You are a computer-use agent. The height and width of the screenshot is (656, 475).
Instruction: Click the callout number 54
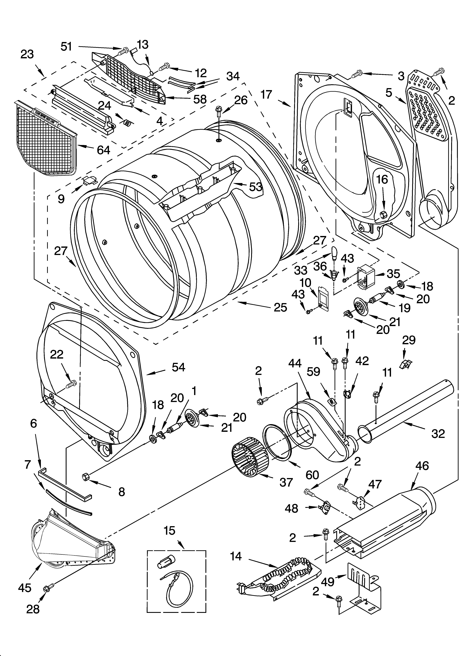[178, 367]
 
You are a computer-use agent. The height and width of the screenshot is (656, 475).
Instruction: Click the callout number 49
[328, 582]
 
